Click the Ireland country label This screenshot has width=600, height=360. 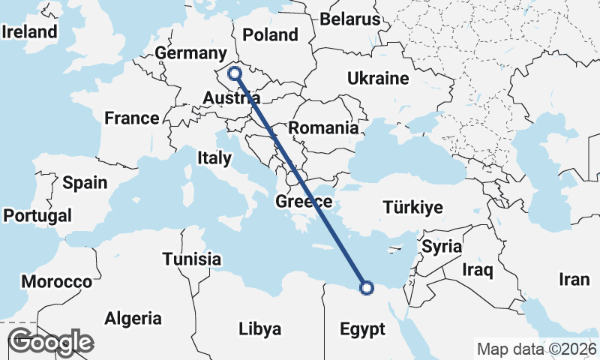coord(30,31)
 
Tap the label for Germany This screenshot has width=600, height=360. coord(190,53)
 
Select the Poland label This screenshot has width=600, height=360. coord(270,34)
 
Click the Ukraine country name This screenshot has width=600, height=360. coord(378,78)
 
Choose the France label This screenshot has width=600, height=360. coord(132,118)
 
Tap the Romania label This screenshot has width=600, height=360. coord(323,127)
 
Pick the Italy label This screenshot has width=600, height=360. coord(214,157)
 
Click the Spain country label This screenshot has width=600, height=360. coord(85,182)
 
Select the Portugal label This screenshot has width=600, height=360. coord(37,216)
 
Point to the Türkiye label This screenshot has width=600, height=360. coord(412,208)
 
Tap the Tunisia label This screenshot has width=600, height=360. coord(192,259)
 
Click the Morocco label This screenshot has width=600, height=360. coord(56,282)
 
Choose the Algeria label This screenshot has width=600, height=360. coord(133,318)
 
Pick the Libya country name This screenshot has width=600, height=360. coord(259,328)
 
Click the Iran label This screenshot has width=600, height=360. coord(574,280)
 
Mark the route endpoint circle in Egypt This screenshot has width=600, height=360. coord(367,286)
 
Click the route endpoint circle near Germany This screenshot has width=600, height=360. coord(235,73)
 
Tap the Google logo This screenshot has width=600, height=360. coord(50,342)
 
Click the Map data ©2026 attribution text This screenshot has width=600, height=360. coord(536,349)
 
